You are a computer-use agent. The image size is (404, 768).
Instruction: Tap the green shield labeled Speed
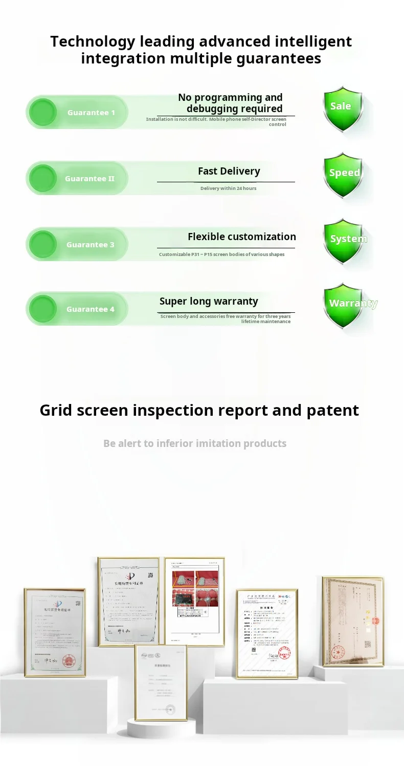point(344,174)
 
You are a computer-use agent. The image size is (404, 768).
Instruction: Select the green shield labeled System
point(344,240)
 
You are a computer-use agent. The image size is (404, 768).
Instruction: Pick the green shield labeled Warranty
point(344,305)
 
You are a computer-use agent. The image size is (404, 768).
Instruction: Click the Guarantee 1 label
point(91,113)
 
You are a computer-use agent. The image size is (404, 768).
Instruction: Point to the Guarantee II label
point(89,179)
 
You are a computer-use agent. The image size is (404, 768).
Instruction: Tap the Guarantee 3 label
point(91,245)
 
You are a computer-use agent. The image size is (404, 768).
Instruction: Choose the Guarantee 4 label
point(91,309)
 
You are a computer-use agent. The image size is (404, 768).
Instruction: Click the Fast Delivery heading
point(229,171)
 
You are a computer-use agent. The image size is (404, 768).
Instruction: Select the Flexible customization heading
point(241,237)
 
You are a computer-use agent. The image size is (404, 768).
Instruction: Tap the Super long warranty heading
point(209,301)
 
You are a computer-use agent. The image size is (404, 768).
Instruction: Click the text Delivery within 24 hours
point(228,188)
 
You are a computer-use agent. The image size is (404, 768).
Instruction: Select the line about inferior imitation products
point(195,443)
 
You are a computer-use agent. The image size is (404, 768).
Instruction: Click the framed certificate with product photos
point(194,601)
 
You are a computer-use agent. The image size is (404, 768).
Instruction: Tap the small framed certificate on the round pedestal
point(161,682)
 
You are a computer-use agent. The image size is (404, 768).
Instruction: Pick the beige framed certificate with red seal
point(353,621)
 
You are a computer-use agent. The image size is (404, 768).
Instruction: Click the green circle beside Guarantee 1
point(42,112)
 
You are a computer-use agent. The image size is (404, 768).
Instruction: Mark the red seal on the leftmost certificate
point(69,660)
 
